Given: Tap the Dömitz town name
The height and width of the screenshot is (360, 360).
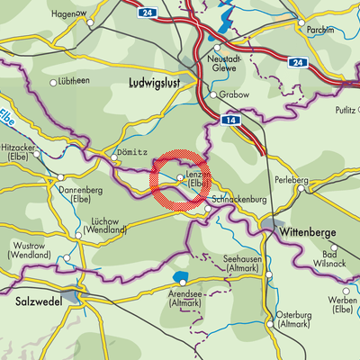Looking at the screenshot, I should tap(132, 152).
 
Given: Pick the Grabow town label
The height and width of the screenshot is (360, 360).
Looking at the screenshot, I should tap(232, 94).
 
